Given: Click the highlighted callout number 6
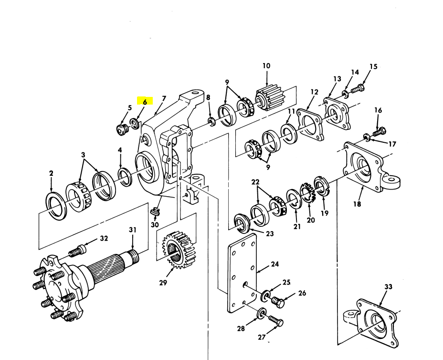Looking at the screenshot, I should (x=145, y=101).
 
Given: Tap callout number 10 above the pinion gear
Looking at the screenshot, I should (x=266, y=66).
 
